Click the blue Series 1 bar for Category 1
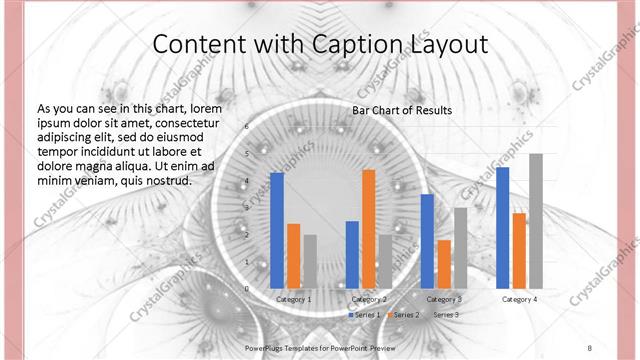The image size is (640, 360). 277,230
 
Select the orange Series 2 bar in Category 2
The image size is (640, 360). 368,229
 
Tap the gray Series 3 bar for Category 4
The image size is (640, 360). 535,221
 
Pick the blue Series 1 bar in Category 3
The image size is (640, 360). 427,241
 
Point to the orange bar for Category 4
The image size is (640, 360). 518,250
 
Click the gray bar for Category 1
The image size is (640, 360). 310,261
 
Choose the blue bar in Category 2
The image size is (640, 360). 351,254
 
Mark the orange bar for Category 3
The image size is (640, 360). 444,264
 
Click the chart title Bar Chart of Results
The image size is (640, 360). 402,110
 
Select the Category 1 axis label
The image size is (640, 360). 293,299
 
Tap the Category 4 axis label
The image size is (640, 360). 519,299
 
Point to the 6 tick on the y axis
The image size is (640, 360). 246,127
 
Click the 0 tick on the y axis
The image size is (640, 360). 246,288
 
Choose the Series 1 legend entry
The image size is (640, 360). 365,315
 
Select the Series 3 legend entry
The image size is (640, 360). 443,315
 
